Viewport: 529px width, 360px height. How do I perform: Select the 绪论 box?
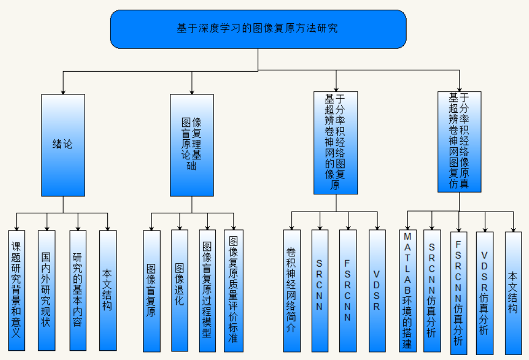63,145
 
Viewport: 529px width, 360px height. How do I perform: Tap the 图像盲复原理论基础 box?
192,145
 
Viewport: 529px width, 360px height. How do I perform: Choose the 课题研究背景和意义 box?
17,290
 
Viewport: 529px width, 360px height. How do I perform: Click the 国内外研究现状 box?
46,290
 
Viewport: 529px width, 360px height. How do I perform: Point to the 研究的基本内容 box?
78,290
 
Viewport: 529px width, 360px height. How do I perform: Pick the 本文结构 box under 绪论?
108,290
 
